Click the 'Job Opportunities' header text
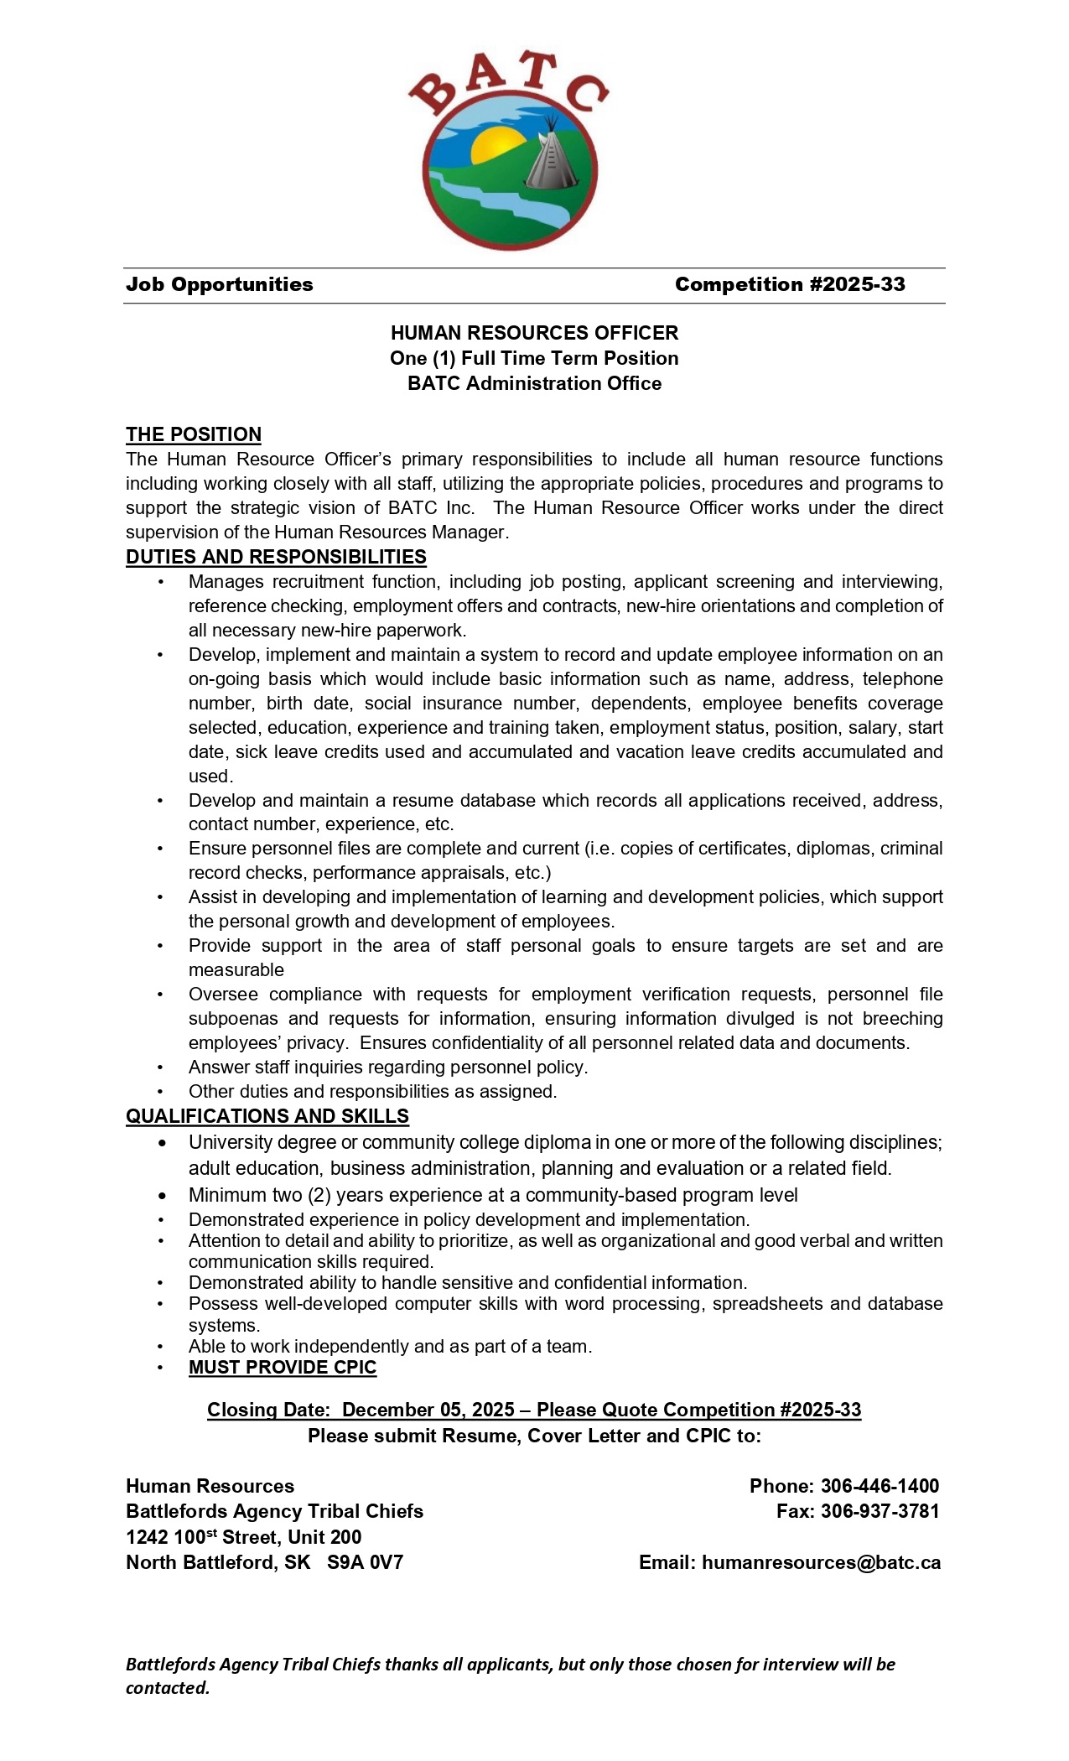coord(220,284)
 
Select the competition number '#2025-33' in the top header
coord(857,284)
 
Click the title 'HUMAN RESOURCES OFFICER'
coord(534,333)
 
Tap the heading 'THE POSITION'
coord(194,434)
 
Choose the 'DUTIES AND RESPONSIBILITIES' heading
coord(276,557)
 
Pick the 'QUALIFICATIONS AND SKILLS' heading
coord(267,1116)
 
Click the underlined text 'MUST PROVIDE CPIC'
coord(283,1367)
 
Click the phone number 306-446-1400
coord(880,1486)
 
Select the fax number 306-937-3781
coord(880,1511)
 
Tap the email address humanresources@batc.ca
coord(821,1562)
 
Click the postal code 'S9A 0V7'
coord(365,1562)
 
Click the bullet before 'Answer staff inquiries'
coord(161,1068)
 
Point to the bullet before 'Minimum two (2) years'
coord(163,1195)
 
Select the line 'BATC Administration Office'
coord(534,383)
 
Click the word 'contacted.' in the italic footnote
coord(168,1687)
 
